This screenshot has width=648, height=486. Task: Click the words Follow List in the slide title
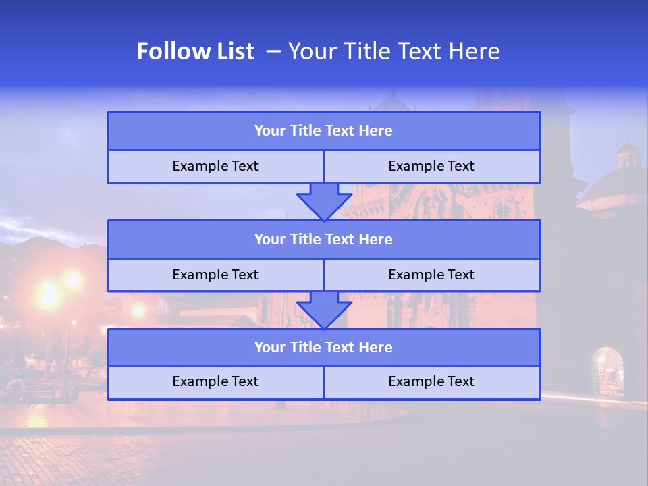pyautogui.click(x=195, y=51)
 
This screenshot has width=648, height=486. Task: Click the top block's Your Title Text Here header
pyautogui.click(x=323, y=131)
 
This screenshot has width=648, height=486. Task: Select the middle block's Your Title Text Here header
pyautogui.click(x=323, y=240)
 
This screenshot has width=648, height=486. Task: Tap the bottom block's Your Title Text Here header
pyautogui.click(x=323, y=348)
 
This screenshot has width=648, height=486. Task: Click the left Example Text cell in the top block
pyautogui.click(x=215, y=167)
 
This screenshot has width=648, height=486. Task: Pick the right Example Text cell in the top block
pyautogui.click(x=431, y=167)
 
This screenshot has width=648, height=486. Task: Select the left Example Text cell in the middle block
pyautogui.click(x=215, y=275)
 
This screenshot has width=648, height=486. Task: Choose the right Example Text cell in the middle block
pyautogui.click(x=431, y=275)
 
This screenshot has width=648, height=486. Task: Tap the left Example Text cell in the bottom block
pyautogui.click(x=215, y=382)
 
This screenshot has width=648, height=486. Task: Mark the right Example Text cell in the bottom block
pyautogui.click(x=431, y=382)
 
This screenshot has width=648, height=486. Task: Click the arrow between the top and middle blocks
pyautogui.click(x=324, y=201)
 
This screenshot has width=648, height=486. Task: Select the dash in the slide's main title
pyautogui.click(x=273, y=51)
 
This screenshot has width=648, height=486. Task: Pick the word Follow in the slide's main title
pyautogui.click(x=169, y=51)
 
